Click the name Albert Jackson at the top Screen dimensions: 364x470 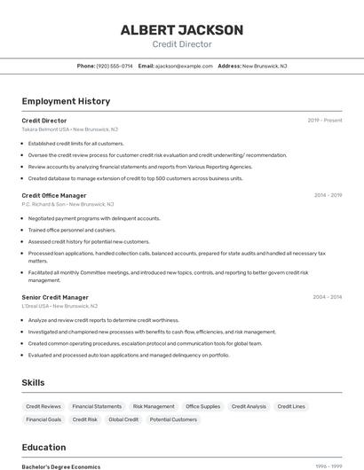coord(182,30)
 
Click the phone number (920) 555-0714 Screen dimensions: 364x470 coord(115,66)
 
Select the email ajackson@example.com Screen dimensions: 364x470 coord(184,66)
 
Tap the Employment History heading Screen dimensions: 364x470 coord(66,101)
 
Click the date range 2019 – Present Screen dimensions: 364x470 coord(325,120)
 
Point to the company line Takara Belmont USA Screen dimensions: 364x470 coord(67,129)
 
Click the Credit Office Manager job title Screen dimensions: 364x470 coord(54,195)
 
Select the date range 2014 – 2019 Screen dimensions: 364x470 coord(328,195)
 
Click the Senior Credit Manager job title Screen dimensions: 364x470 coord(55,297)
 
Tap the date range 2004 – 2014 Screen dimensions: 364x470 coord(327,297)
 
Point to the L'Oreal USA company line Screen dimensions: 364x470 coord(58,306)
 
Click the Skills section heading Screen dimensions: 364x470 coord(34,382)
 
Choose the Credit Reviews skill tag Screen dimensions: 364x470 coord(44,406)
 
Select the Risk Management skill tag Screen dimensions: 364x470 coord(154,406)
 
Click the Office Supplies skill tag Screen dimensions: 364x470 coord(203,406)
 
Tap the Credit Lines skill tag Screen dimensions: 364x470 coord(291,406)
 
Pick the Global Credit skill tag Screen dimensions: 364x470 coord(123,419)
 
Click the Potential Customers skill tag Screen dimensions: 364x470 coord(173,419)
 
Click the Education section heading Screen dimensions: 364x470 coord(44,447)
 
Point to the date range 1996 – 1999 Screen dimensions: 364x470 coord(328,466)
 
